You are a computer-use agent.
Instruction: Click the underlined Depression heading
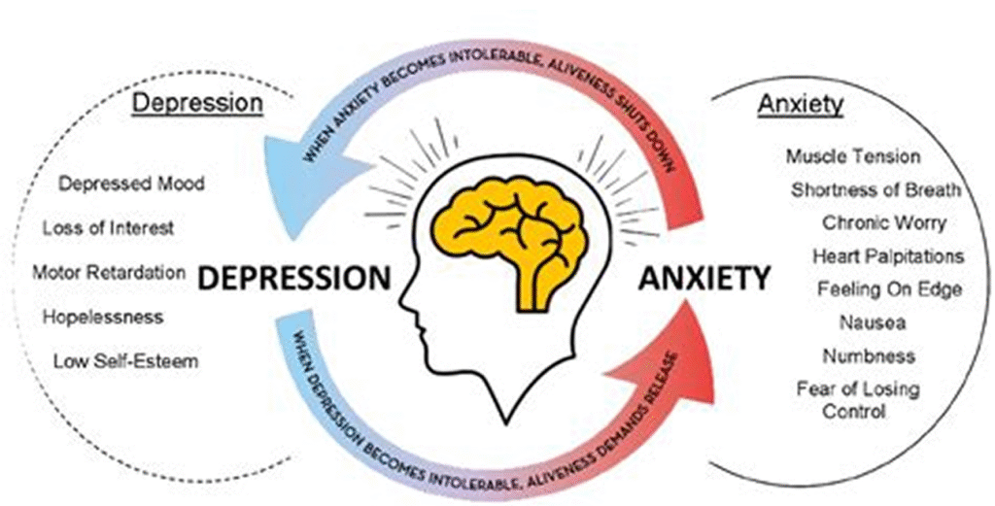[x=197, y=102]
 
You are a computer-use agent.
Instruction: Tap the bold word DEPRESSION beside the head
[x=293, y=279]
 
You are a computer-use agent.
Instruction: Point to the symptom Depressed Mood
[x=131, y=183]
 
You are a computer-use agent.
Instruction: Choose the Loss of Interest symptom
[x=108, y=228]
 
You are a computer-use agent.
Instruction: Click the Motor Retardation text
[x=109, y=272]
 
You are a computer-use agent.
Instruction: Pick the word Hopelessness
[x=103, y=317]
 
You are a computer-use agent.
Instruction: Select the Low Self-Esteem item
[x=125, y=361]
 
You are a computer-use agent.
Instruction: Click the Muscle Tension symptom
[x=852, y=155]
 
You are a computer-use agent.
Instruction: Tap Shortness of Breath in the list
[x=875, y=189]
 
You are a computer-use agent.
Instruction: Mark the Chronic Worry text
[x=883, y=222]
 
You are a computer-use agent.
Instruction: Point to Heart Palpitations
[x=888, y=256]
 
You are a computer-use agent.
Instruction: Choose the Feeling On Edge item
[x=889, y=289]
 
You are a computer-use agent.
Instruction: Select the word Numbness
[x=868, y=355]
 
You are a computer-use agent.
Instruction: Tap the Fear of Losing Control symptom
[x=856, y=399]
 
